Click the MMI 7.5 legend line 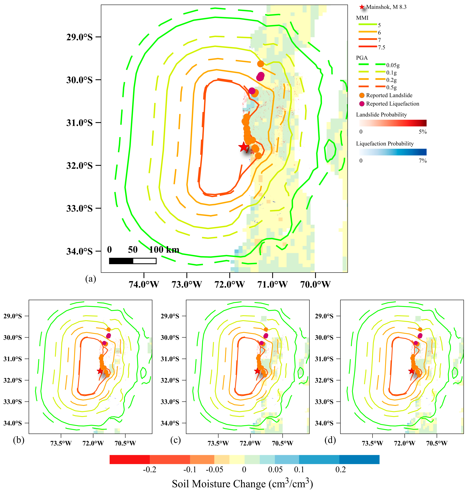368,46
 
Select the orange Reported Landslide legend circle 362,95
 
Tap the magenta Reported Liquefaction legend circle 362,104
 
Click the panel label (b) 19,440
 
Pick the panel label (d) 330,440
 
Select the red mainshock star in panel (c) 257,371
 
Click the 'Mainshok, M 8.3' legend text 386,7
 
